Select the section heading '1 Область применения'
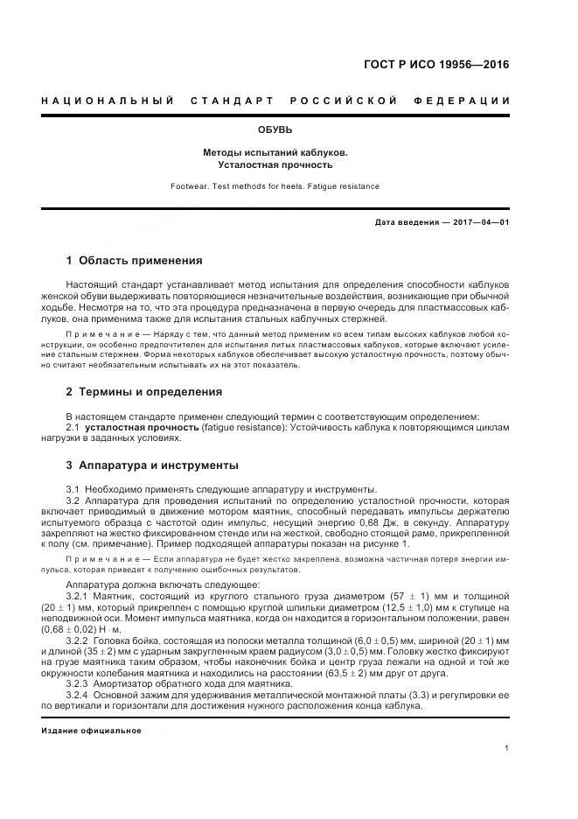[134, 261]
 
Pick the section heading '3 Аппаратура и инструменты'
[152, 465]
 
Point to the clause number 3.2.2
[79, 641]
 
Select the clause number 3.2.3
[79, 685]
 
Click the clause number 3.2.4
[79, 696]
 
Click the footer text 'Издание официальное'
[91, 731]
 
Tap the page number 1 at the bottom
[506, 747]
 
